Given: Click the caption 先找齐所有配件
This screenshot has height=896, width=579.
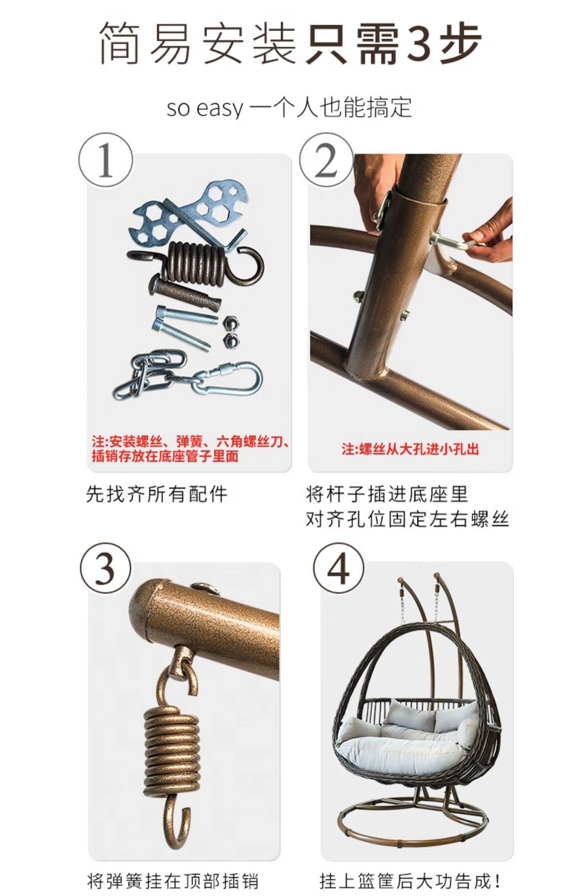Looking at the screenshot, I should pos(156,494).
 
